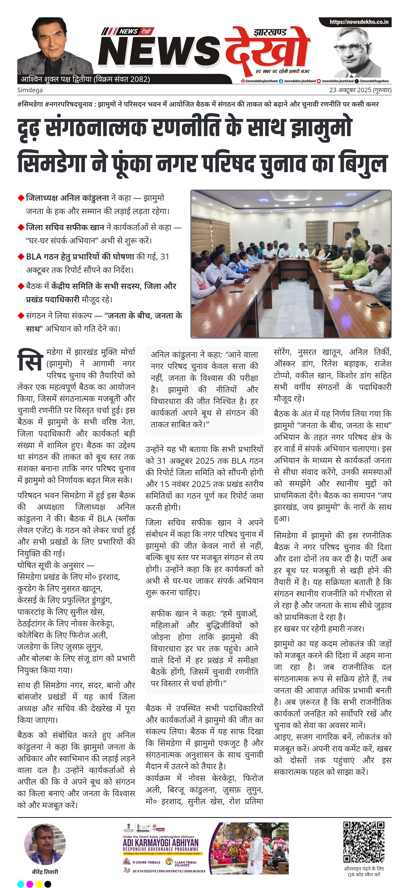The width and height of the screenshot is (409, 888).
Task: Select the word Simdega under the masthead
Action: [30, 90]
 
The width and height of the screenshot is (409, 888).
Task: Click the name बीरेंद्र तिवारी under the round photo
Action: [45, 872]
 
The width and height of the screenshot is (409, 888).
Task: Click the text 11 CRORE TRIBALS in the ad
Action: [146, 862]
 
